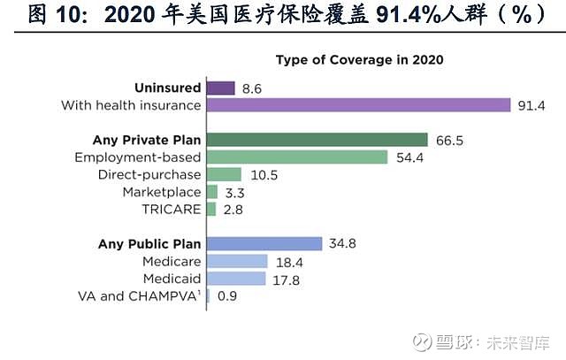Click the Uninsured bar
[x=220, y=88]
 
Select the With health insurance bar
[x=358, y=105]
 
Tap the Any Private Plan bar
[x=317, y=140]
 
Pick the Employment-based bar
[x=296, y=157]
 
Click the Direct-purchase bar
[x=224, y=174]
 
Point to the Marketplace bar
[x=211, y=191]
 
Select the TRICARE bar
[x=210, y=209]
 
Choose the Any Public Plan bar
[x=264, y=243]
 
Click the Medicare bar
[x=236, y=261]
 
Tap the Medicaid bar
[x=235, y=279]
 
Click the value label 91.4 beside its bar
[x=532, y=106]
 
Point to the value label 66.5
[x=448, y=141]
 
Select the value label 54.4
[x=409, y=157]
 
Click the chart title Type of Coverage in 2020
[x=359, y=61]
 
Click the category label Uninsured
[x=167, y=88]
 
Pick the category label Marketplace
[x=162, y=191]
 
